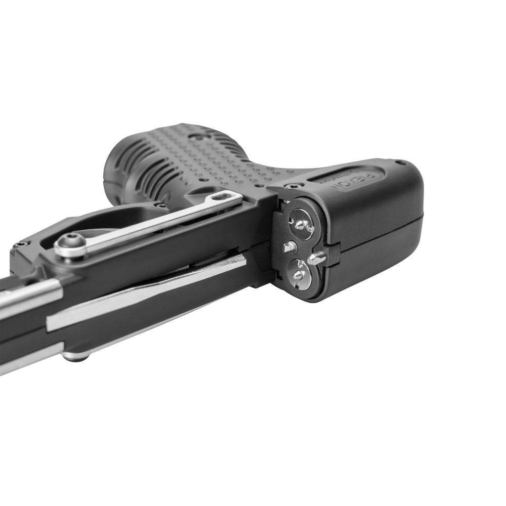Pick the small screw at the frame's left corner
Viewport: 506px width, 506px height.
click(20, 244)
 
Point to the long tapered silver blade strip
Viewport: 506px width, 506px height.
click(147, 293)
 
